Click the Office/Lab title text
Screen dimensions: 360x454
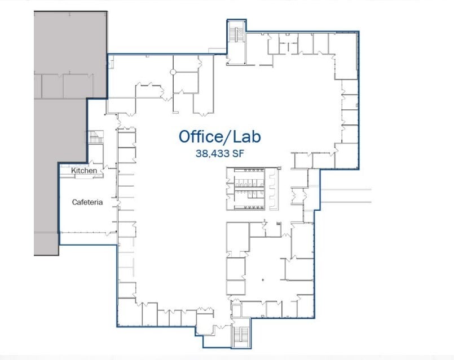point(219,136)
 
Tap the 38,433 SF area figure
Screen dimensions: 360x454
point(220,153)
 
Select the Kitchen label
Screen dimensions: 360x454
point(83,170)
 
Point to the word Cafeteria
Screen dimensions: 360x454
point(87,202)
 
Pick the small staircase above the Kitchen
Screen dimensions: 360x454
point(93,137)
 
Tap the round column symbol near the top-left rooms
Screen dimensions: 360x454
point(174,72)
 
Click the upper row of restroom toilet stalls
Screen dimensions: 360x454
point(249,183)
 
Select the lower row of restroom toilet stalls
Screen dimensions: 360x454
point(249,197)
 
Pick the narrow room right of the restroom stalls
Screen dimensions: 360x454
point(273,189)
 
